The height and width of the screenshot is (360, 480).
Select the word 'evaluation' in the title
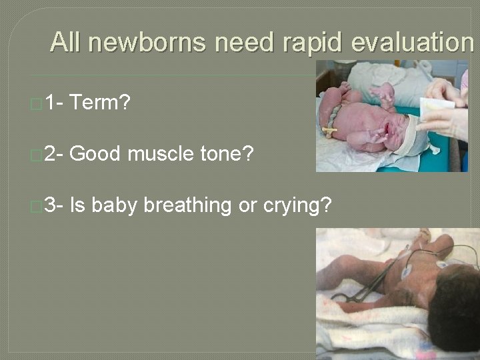pyautogui.click(x=411, y=43)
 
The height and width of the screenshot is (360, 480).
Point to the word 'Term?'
pyautogui.click(x=101, y=103)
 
